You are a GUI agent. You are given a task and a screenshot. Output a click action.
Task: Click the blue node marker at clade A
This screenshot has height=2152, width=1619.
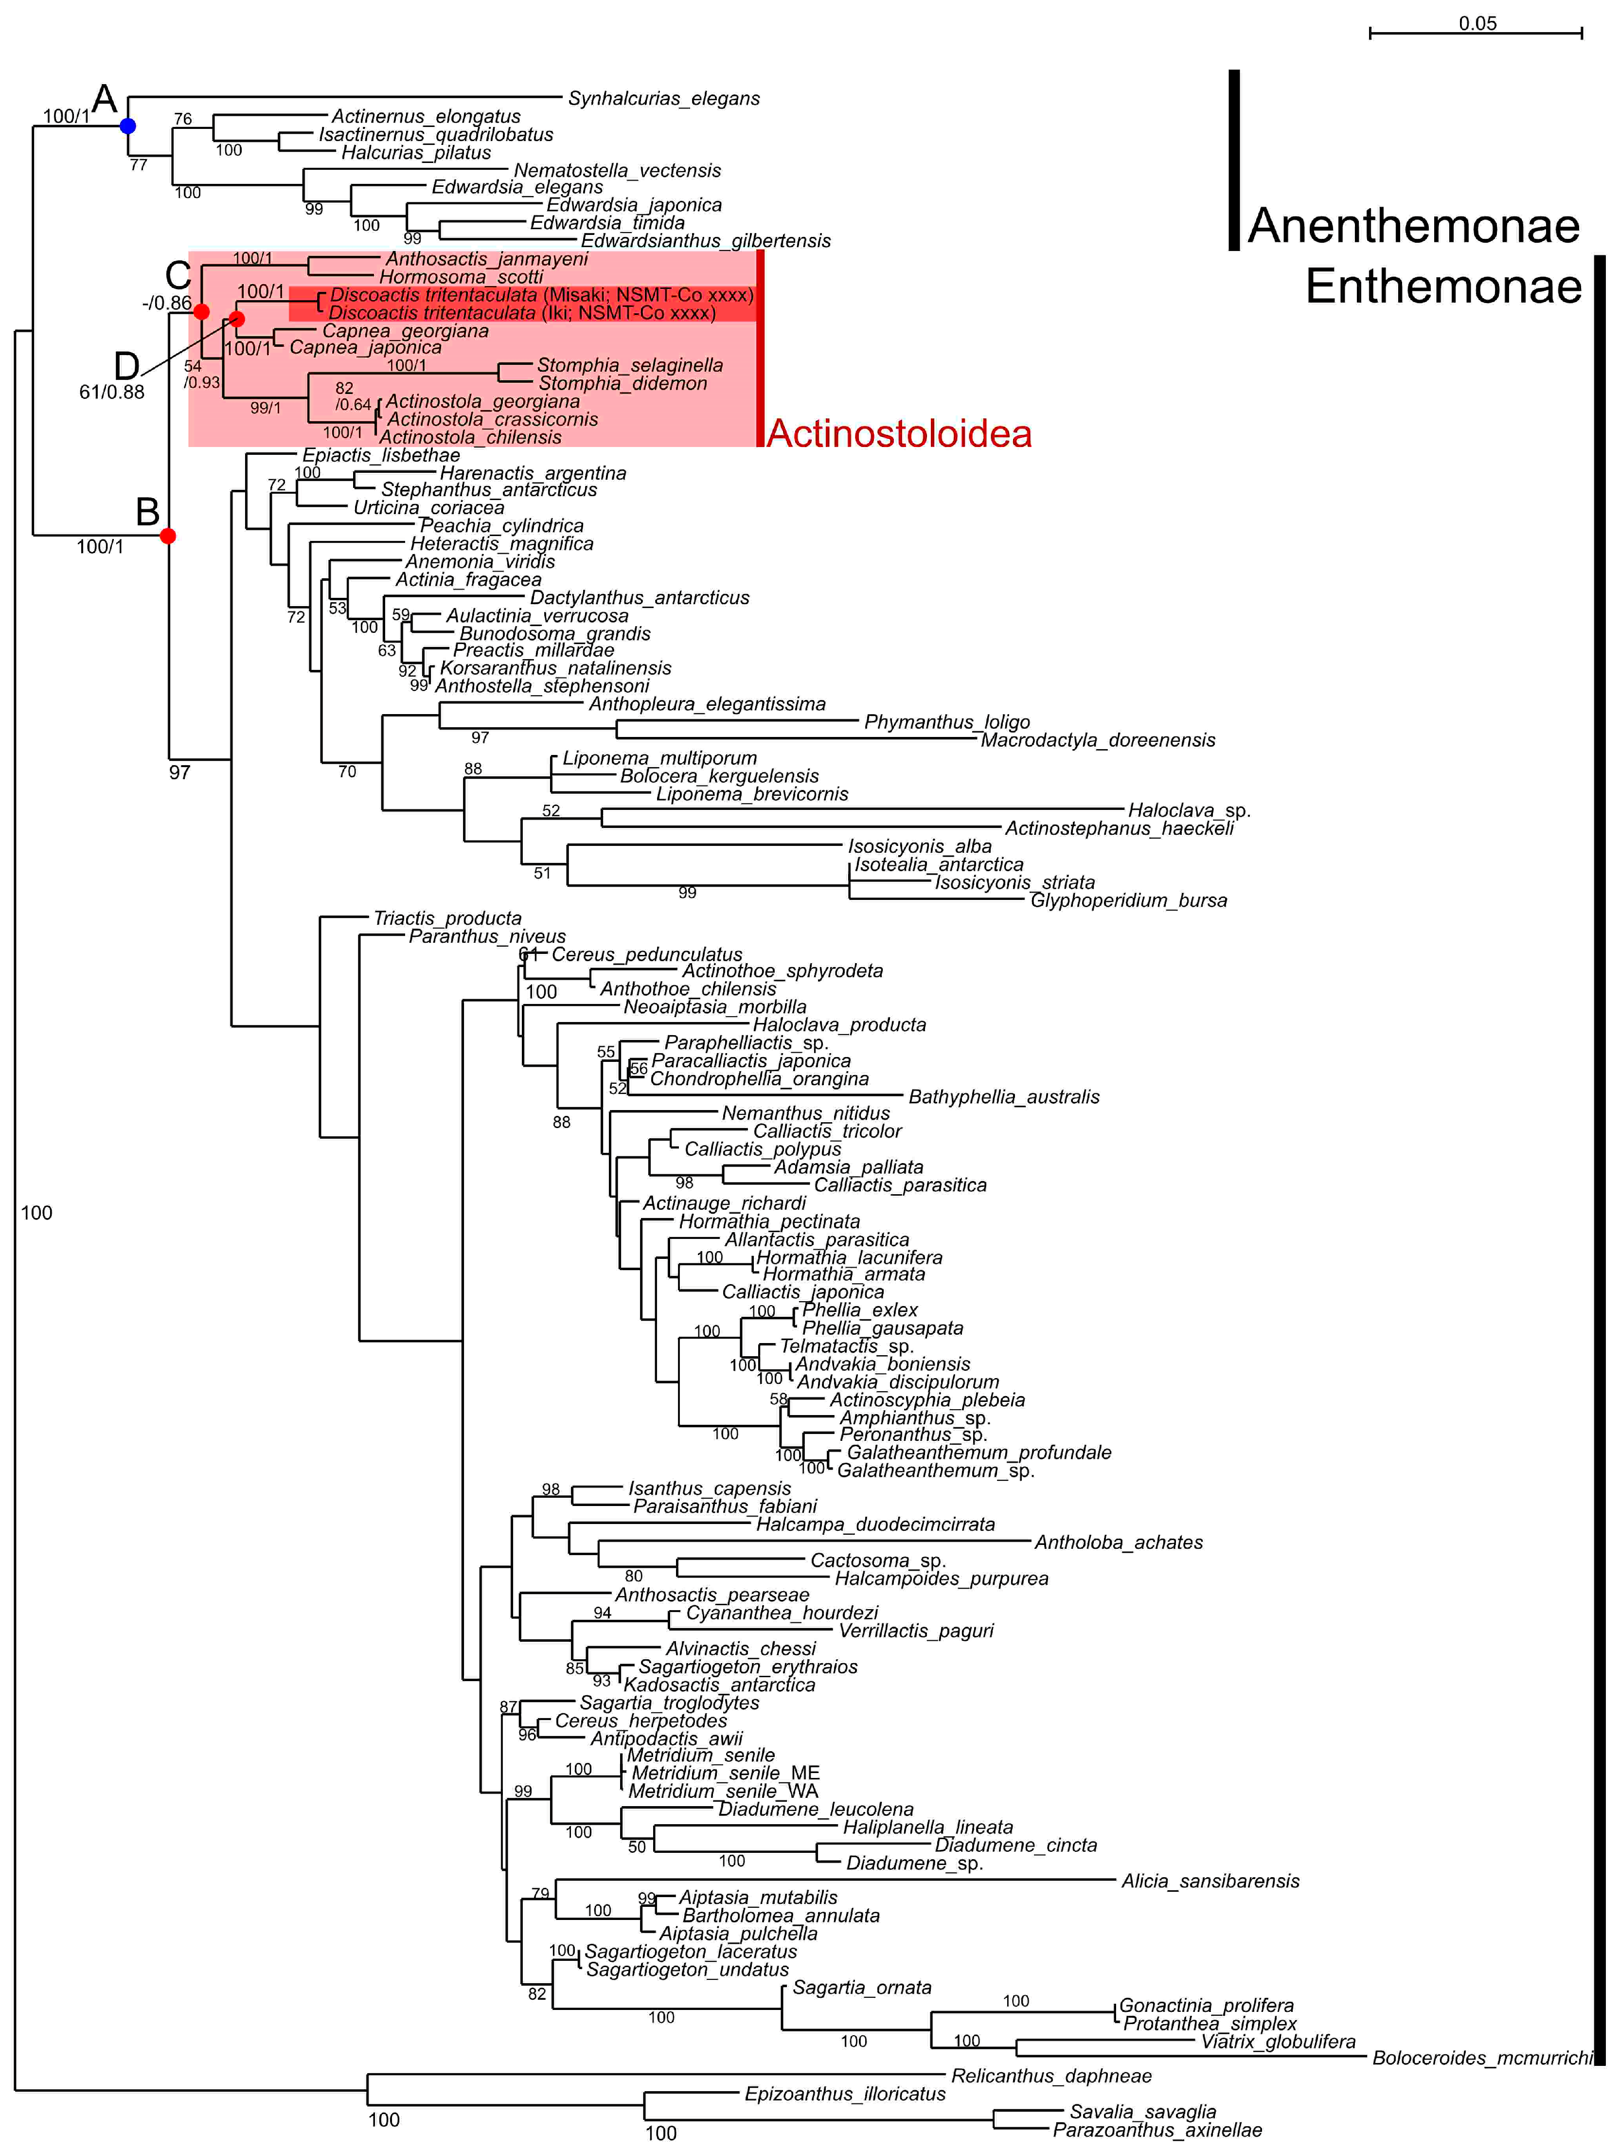click(127, 126)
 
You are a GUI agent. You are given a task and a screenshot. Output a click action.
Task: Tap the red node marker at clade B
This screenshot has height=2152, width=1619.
click(168, 536)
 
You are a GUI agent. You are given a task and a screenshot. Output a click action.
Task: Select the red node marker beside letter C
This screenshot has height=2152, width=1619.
click(201, 312)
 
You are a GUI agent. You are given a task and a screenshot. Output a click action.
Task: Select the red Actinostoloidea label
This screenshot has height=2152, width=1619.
click(899, 434)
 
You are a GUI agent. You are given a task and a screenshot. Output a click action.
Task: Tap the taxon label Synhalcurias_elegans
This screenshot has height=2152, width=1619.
click(663, 98)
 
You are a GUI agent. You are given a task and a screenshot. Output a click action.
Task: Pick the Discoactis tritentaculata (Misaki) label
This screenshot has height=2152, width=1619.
click(541, 295)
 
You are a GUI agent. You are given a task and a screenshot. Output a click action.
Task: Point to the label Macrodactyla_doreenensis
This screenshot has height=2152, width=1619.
click(1098, 740)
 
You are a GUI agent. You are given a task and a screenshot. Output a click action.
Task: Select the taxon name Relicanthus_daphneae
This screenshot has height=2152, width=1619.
click(1051, 2076)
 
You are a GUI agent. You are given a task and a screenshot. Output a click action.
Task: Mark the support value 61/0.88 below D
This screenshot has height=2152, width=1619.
click(112, 392)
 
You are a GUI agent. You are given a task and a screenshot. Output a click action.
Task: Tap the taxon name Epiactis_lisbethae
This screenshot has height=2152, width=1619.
click(380, 455)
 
